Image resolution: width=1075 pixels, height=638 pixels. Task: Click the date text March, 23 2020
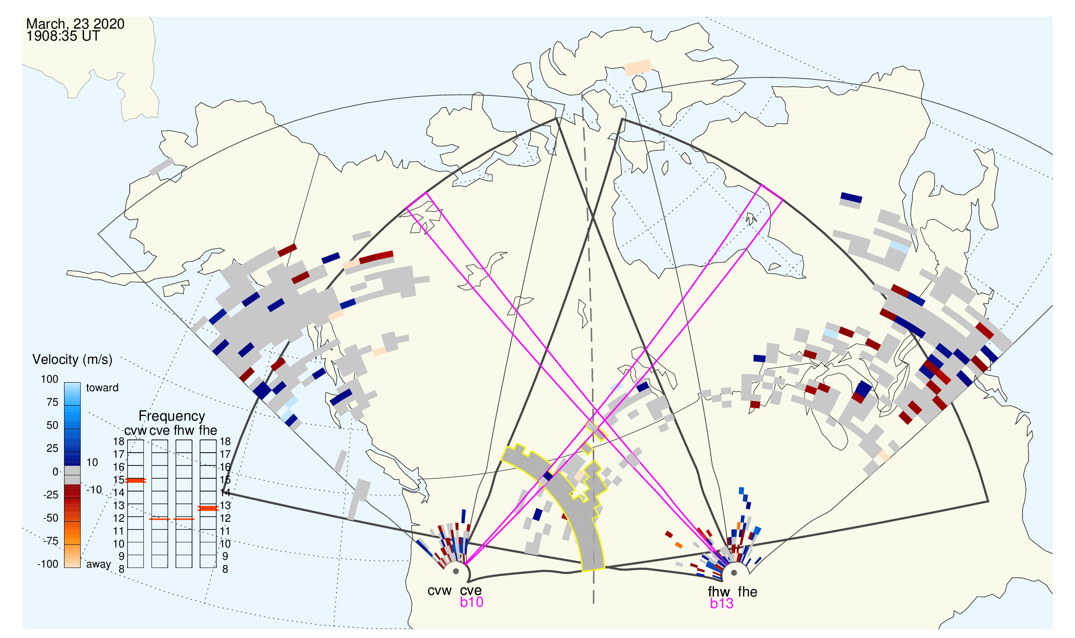point(75,24)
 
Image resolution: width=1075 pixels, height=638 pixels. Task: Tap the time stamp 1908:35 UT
point(63,36)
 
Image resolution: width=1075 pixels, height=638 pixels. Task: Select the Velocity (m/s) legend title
point(72,360)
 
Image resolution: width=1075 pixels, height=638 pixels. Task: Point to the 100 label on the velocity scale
point(50,379)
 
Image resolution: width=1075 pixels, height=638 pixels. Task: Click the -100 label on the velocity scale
point(47,564)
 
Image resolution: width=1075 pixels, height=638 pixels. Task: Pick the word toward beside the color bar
point(102,388)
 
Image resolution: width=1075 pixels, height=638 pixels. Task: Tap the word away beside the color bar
point(99,565)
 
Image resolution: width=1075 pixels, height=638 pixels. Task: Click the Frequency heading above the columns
point(172,416)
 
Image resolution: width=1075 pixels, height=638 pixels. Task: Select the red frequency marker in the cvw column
point(135,481)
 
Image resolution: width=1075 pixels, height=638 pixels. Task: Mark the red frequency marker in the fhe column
point(208,509)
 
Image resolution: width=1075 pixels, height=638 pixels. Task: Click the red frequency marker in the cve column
point(160,519)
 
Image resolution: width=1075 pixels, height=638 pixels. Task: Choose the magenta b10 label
point(471,602)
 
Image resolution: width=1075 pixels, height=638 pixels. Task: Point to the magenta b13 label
point(721,603)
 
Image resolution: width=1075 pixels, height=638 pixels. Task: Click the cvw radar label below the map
point(439,591)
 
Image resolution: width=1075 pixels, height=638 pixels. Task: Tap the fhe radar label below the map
point(747,592)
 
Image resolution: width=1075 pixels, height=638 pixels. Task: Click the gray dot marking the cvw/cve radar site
point(456,572)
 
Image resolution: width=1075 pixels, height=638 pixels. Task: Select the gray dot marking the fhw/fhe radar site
point(734,573)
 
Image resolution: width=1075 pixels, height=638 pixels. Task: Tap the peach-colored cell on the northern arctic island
point(637,67)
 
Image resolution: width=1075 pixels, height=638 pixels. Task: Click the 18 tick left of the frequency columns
point(119,442)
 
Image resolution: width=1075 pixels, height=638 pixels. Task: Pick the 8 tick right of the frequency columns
point(225,569)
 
